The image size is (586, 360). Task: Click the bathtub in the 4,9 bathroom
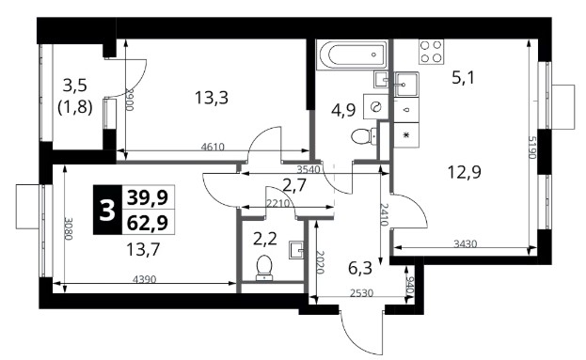[353, 55]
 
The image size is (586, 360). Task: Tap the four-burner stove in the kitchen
[432, 51]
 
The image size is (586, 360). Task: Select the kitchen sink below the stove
[405, 85]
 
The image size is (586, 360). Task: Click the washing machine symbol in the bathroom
[375, 106]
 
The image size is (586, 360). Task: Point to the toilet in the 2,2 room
[264, 267]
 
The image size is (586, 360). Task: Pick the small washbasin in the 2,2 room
[297, 250]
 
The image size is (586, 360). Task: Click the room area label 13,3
[212, 98]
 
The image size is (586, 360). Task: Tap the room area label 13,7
[143, 249]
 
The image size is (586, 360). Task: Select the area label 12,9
[464, 172]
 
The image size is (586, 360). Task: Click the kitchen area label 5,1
[463, 78]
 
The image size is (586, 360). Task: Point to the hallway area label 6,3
[360, 268]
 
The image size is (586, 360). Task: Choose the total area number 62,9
[148, 224]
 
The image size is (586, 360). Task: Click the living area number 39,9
[148, 197]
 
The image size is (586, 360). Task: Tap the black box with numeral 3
[107, 210]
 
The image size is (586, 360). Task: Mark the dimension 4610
[213, 147]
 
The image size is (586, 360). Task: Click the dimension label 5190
[531, 148]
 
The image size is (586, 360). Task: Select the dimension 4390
[144, 279]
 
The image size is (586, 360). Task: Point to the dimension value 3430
[466, 243]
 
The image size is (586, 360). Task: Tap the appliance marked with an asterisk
[406, 135]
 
